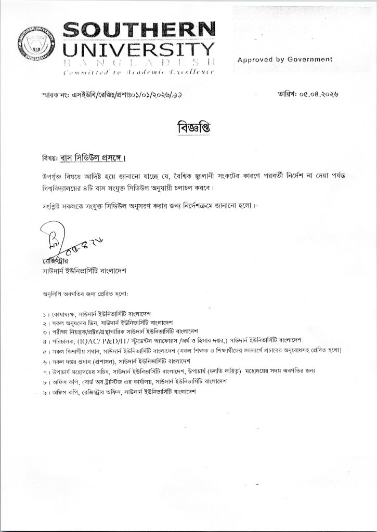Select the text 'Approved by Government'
[284, 60]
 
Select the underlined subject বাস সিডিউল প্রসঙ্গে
[97, 157]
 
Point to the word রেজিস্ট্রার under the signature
[56, 260]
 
